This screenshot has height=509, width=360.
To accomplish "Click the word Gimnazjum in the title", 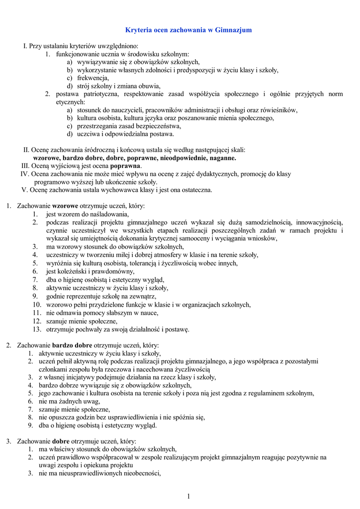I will pos(234,30).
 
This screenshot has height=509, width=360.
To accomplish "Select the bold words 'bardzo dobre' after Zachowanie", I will pos(72,345).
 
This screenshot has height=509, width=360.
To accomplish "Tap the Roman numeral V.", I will pos(24,190).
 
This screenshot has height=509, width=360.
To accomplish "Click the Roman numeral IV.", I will pos(24,174).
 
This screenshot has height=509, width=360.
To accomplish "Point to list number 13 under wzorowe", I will pos(37,329).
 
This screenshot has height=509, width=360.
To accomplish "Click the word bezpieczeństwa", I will pos(149,126).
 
